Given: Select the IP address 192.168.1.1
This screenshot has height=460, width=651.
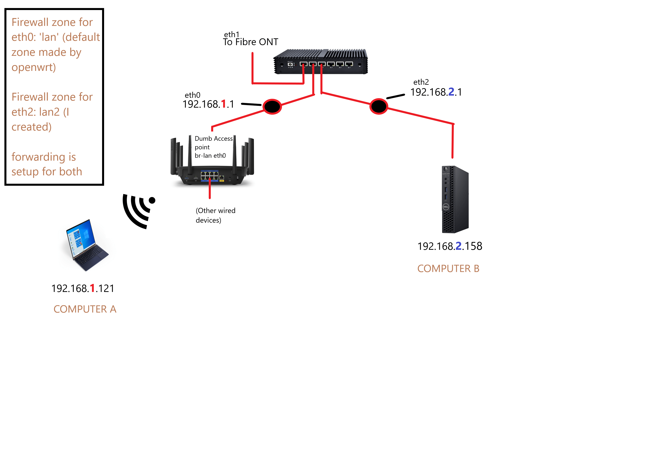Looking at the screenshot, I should coord(208,104).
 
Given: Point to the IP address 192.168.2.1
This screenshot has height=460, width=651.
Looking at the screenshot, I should coord(436,92).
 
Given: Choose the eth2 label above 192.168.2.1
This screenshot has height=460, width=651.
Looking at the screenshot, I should coord(421,82).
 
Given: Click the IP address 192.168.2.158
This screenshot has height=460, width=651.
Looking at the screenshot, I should coord(449,246).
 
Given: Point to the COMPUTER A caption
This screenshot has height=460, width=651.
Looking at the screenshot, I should coord(85,309).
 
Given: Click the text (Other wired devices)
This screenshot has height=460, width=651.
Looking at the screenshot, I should coord(215,215).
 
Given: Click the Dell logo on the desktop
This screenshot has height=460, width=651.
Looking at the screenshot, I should coord(445,207).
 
